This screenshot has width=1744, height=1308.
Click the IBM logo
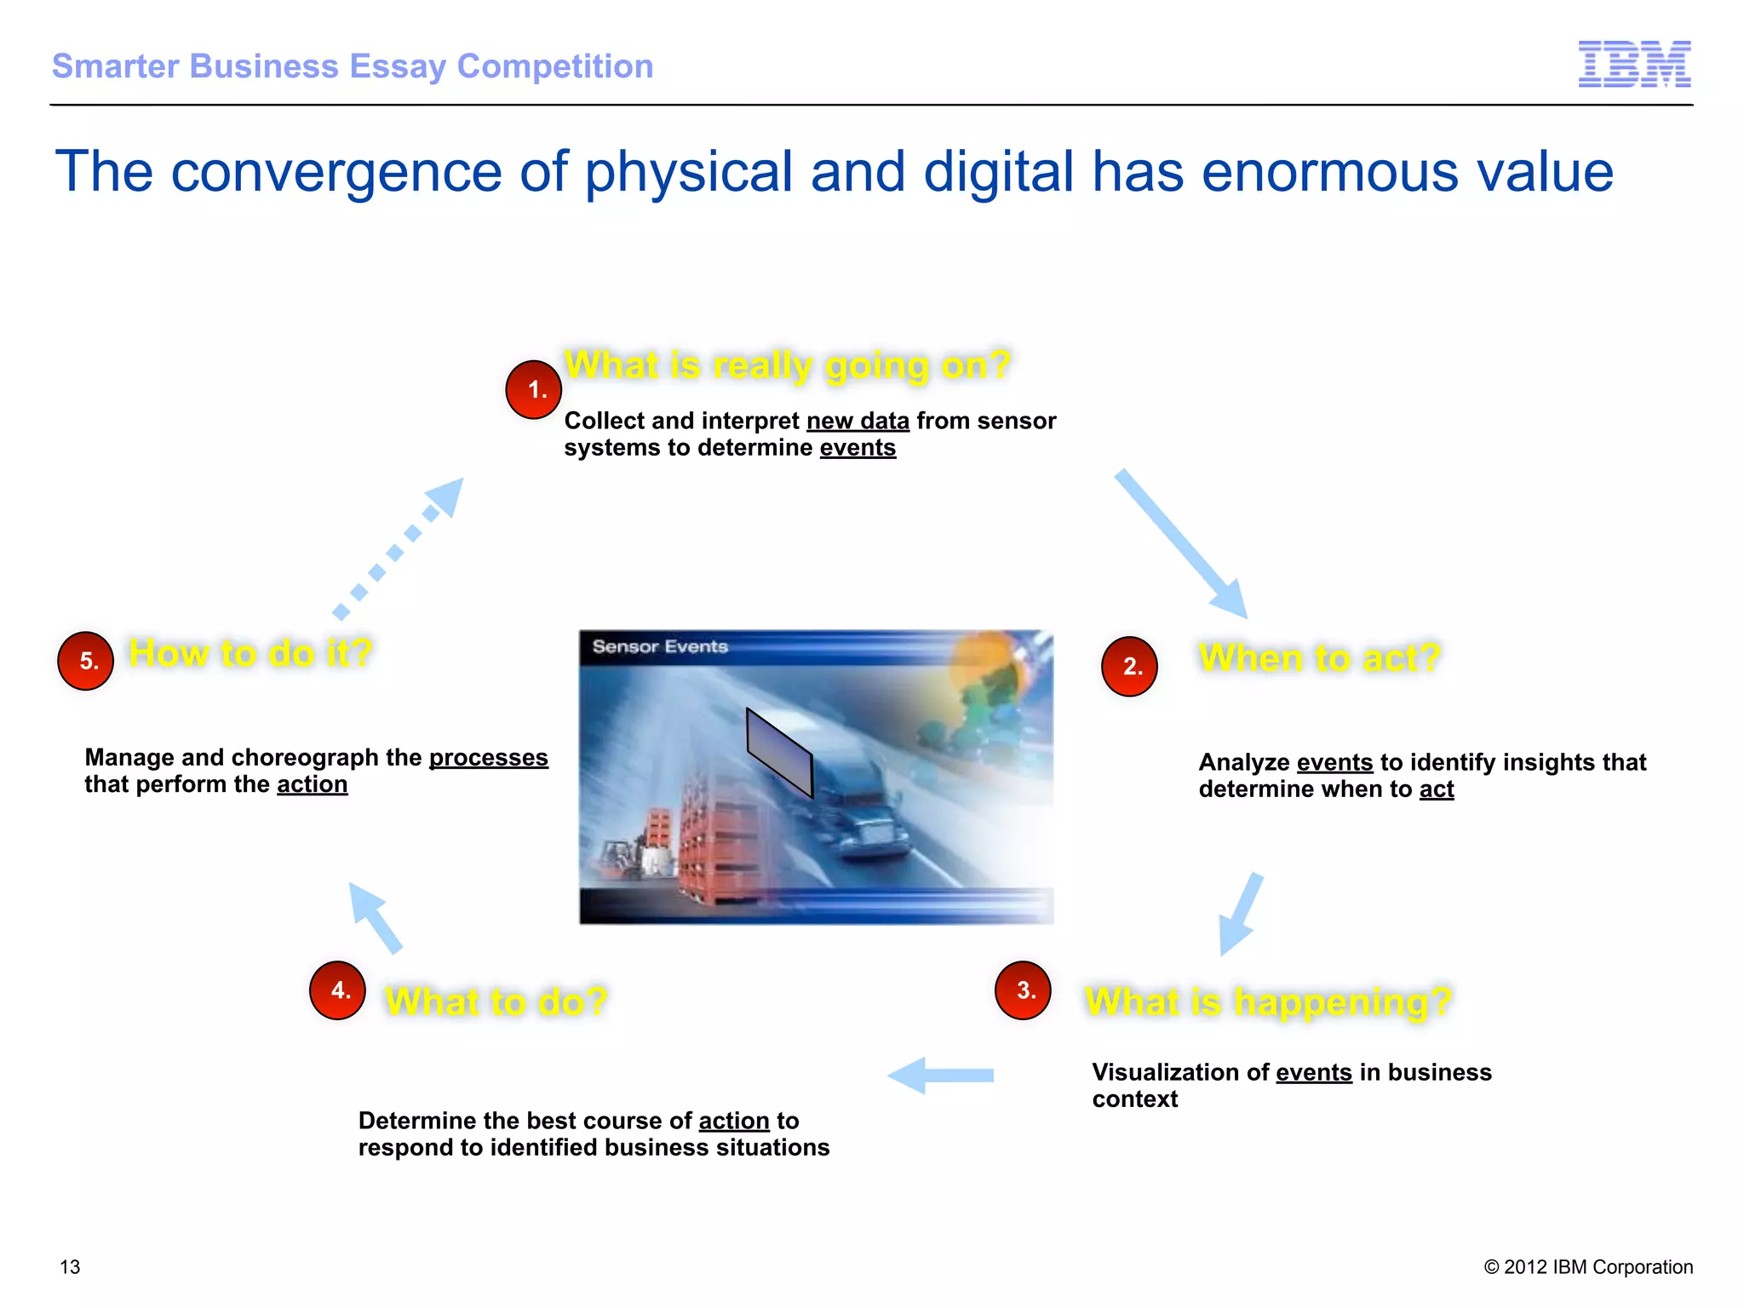[1634, 64]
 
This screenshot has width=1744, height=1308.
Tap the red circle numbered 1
[533, 390]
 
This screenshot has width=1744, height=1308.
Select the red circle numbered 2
[1129, 666]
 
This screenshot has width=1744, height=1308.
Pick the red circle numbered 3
[1023, 990]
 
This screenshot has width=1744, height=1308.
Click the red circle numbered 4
[338, 990]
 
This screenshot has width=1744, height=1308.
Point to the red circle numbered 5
[86, 661]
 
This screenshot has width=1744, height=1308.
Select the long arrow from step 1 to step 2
[1182, 543]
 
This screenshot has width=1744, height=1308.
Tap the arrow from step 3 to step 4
[940, 1076]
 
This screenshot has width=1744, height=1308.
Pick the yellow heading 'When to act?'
[1319, 658]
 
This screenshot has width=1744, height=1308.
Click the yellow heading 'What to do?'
[496, 1001]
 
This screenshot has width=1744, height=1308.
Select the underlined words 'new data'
[858, 422]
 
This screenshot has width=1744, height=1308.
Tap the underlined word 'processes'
[488, 758]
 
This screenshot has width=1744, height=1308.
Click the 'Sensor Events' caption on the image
[660, 646]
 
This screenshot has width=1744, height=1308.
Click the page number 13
[70, 1267]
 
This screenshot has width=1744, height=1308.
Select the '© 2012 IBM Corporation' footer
[1588, 1267]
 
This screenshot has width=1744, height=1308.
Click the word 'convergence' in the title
[336, 173]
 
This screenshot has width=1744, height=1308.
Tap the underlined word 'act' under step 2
[1436, 789]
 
